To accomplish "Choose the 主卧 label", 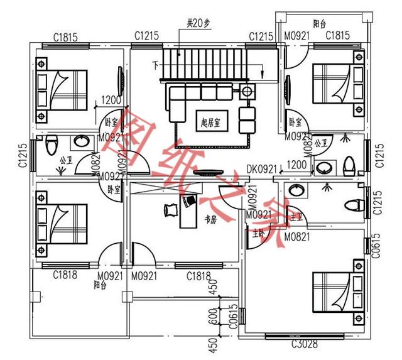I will coord(258,233).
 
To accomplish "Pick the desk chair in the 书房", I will coord(169,210).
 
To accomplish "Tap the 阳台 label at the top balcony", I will coord(320,25).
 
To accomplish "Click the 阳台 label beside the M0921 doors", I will coord(100,285).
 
